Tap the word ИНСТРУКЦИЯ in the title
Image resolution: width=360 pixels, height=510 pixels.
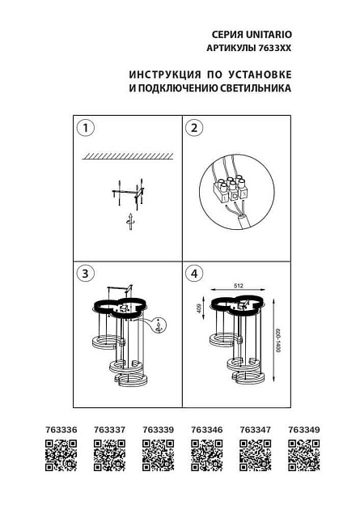click(164, 74)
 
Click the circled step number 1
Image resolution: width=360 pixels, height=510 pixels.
click(85, 128)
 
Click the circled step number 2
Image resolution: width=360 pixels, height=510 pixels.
click(193, 128)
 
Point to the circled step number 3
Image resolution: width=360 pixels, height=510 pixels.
click(85, 274)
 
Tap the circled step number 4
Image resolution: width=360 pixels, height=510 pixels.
click(193, 274)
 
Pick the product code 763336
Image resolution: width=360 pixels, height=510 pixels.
click(60, 430)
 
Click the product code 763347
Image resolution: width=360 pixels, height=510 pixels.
click(255, 430)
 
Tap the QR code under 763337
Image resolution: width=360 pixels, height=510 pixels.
click(109, 455)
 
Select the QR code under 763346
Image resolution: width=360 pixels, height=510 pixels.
click(206, 455)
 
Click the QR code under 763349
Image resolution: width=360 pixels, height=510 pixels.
click(304, 455)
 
